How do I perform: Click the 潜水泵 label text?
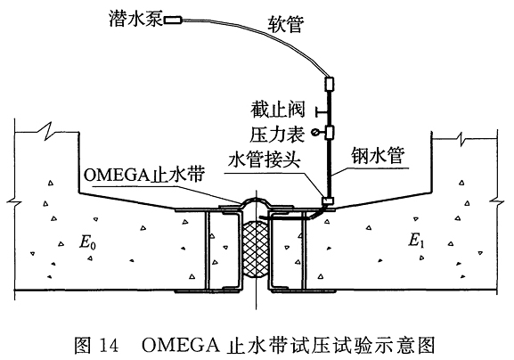point(136,20)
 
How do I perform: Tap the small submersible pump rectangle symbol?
point(173,20)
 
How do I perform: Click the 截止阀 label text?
point(277,110)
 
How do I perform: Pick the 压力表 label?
point(277,134)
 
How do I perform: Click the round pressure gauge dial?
point(314,133)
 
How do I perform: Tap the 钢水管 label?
point(378,155)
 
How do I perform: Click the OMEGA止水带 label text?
point(144,175)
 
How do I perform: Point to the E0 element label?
point(87,242)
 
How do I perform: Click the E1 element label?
point(416,241)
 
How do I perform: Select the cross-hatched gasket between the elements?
point(256,250)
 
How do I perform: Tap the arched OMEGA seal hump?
point(256,199)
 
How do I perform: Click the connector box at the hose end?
point(329,84)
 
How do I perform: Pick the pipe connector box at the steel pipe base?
point(328,200)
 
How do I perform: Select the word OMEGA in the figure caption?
point(181,345)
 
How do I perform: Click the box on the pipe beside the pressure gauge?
point(329,133)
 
